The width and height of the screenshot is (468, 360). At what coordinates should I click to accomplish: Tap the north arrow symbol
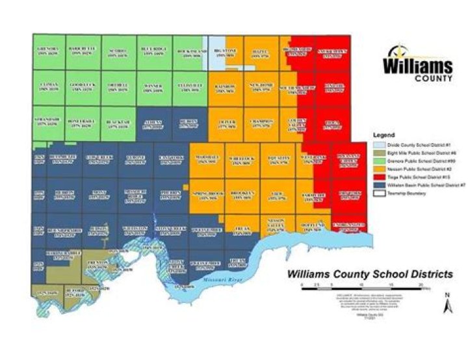tap(447, 303)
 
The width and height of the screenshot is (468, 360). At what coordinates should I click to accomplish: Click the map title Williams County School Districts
tap(370, 274)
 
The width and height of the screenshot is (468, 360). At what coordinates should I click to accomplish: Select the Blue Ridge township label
tap(154, 49)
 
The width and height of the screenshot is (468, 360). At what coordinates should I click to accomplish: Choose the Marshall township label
tap(206, 159)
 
